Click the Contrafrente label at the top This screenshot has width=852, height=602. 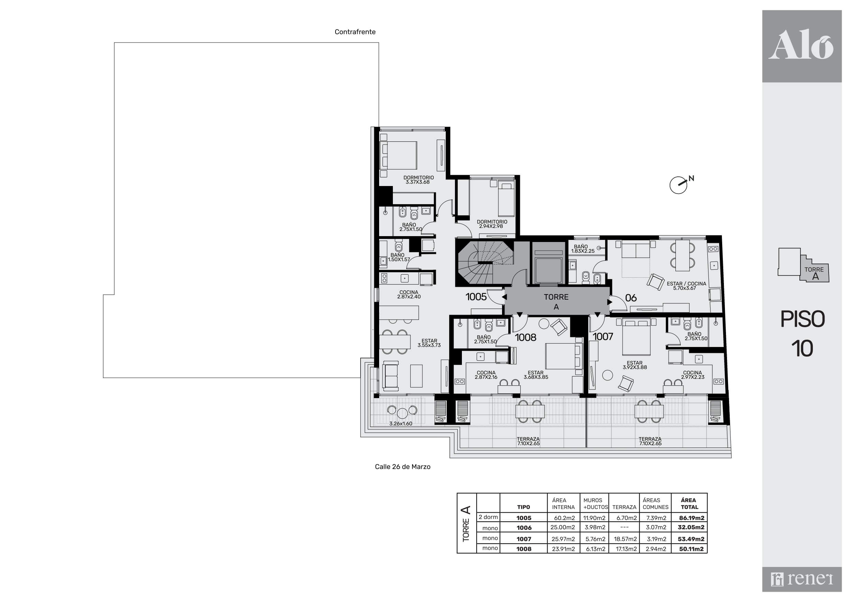(x=355, y=32)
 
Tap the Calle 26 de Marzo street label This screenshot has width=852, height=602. (x=402, y=467)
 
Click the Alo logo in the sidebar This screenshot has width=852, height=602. (x=802, y=45)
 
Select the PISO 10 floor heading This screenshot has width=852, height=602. (x=802, y=334)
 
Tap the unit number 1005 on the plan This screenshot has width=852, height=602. (x=476, y=297)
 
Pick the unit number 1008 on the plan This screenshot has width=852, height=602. (x=525, y=337)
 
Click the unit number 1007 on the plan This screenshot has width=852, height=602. (x=603, y=336)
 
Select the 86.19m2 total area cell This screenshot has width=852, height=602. (x=691, y=518)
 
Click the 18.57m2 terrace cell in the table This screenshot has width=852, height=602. (x=625, y=539)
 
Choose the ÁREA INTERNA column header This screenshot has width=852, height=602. (x=563, y=504)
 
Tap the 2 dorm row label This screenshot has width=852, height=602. (x=488, y=517)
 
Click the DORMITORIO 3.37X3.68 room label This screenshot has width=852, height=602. (x=418, y=180)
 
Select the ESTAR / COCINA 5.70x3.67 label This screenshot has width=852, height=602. (x=686, y=286)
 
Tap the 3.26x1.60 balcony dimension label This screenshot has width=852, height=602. (x=401, y=424)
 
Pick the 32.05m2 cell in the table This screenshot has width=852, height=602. (x=691, y=527)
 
